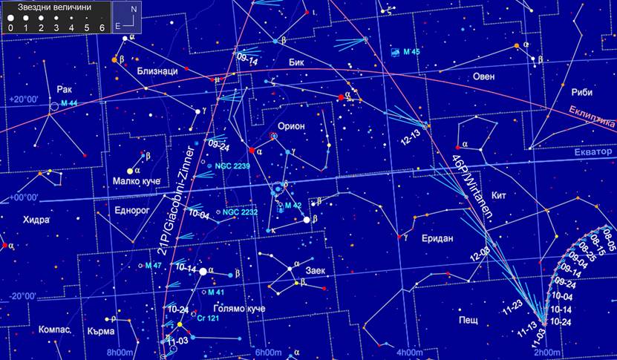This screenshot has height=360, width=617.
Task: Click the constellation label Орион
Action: click(291, 126)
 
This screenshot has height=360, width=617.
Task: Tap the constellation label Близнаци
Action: click(157, 71)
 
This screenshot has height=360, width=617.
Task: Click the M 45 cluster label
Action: click(410, 52)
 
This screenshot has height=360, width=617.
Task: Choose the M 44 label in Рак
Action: click(69, 102)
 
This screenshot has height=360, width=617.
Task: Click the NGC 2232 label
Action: click(239, 212)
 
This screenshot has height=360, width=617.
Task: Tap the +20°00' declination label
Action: click(23, 97)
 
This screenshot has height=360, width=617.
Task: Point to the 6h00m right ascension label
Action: click(268, 352)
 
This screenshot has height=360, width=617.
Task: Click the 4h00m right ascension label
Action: click(410, 352)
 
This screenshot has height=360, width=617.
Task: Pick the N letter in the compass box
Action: click(133, 10)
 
